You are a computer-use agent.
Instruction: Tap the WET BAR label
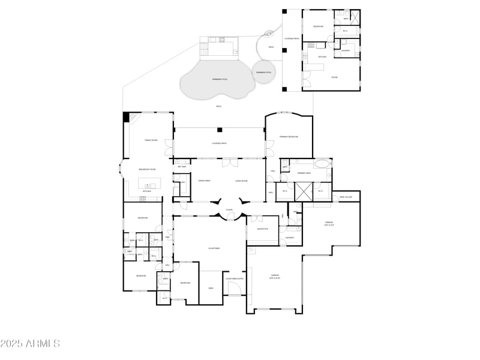(x=182, y=167)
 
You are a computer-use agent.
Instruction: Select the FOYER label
(x=229, y=210)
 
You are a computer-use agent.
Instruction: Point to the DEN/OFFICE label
(x=262, y=229)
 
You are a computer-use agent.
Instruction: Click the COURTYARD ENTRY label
(x=235, y=278)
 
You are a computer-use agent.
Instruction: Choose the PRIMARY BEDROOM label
(x=289, y=137)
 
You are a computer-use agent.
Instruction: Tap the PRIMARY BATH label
(x=304, y=173)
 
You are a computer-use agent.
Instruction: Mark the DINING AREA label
(x=204, y=181)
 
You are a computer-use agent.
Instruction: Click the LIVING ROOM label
(x=241, y=181)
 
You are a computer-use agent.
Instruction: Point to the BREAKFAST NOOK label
(x=148, y=170)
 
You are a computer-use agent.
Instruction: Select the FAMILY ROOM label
(x=151, y=140)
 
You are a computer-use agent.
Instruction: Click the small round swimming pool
(x=263, y=71)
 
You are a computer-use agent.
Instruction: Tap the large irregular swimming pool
(x=215, y=80)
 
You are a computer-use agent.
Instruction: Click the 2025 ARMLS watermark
(x=30, y=344)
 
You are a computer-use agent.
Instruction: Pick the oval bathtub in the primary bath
(x=322, y=163)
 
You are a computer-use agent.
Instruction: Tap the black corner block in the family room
(x=127, y=117)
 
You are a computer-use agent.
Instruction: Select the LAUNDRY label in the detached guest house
(x=346, y=50)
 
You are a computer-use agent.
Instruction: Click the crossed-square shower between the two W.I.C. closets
(x=304, y=191)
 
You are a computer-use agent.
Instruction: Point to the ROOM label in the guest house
(x=334, y=77)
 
